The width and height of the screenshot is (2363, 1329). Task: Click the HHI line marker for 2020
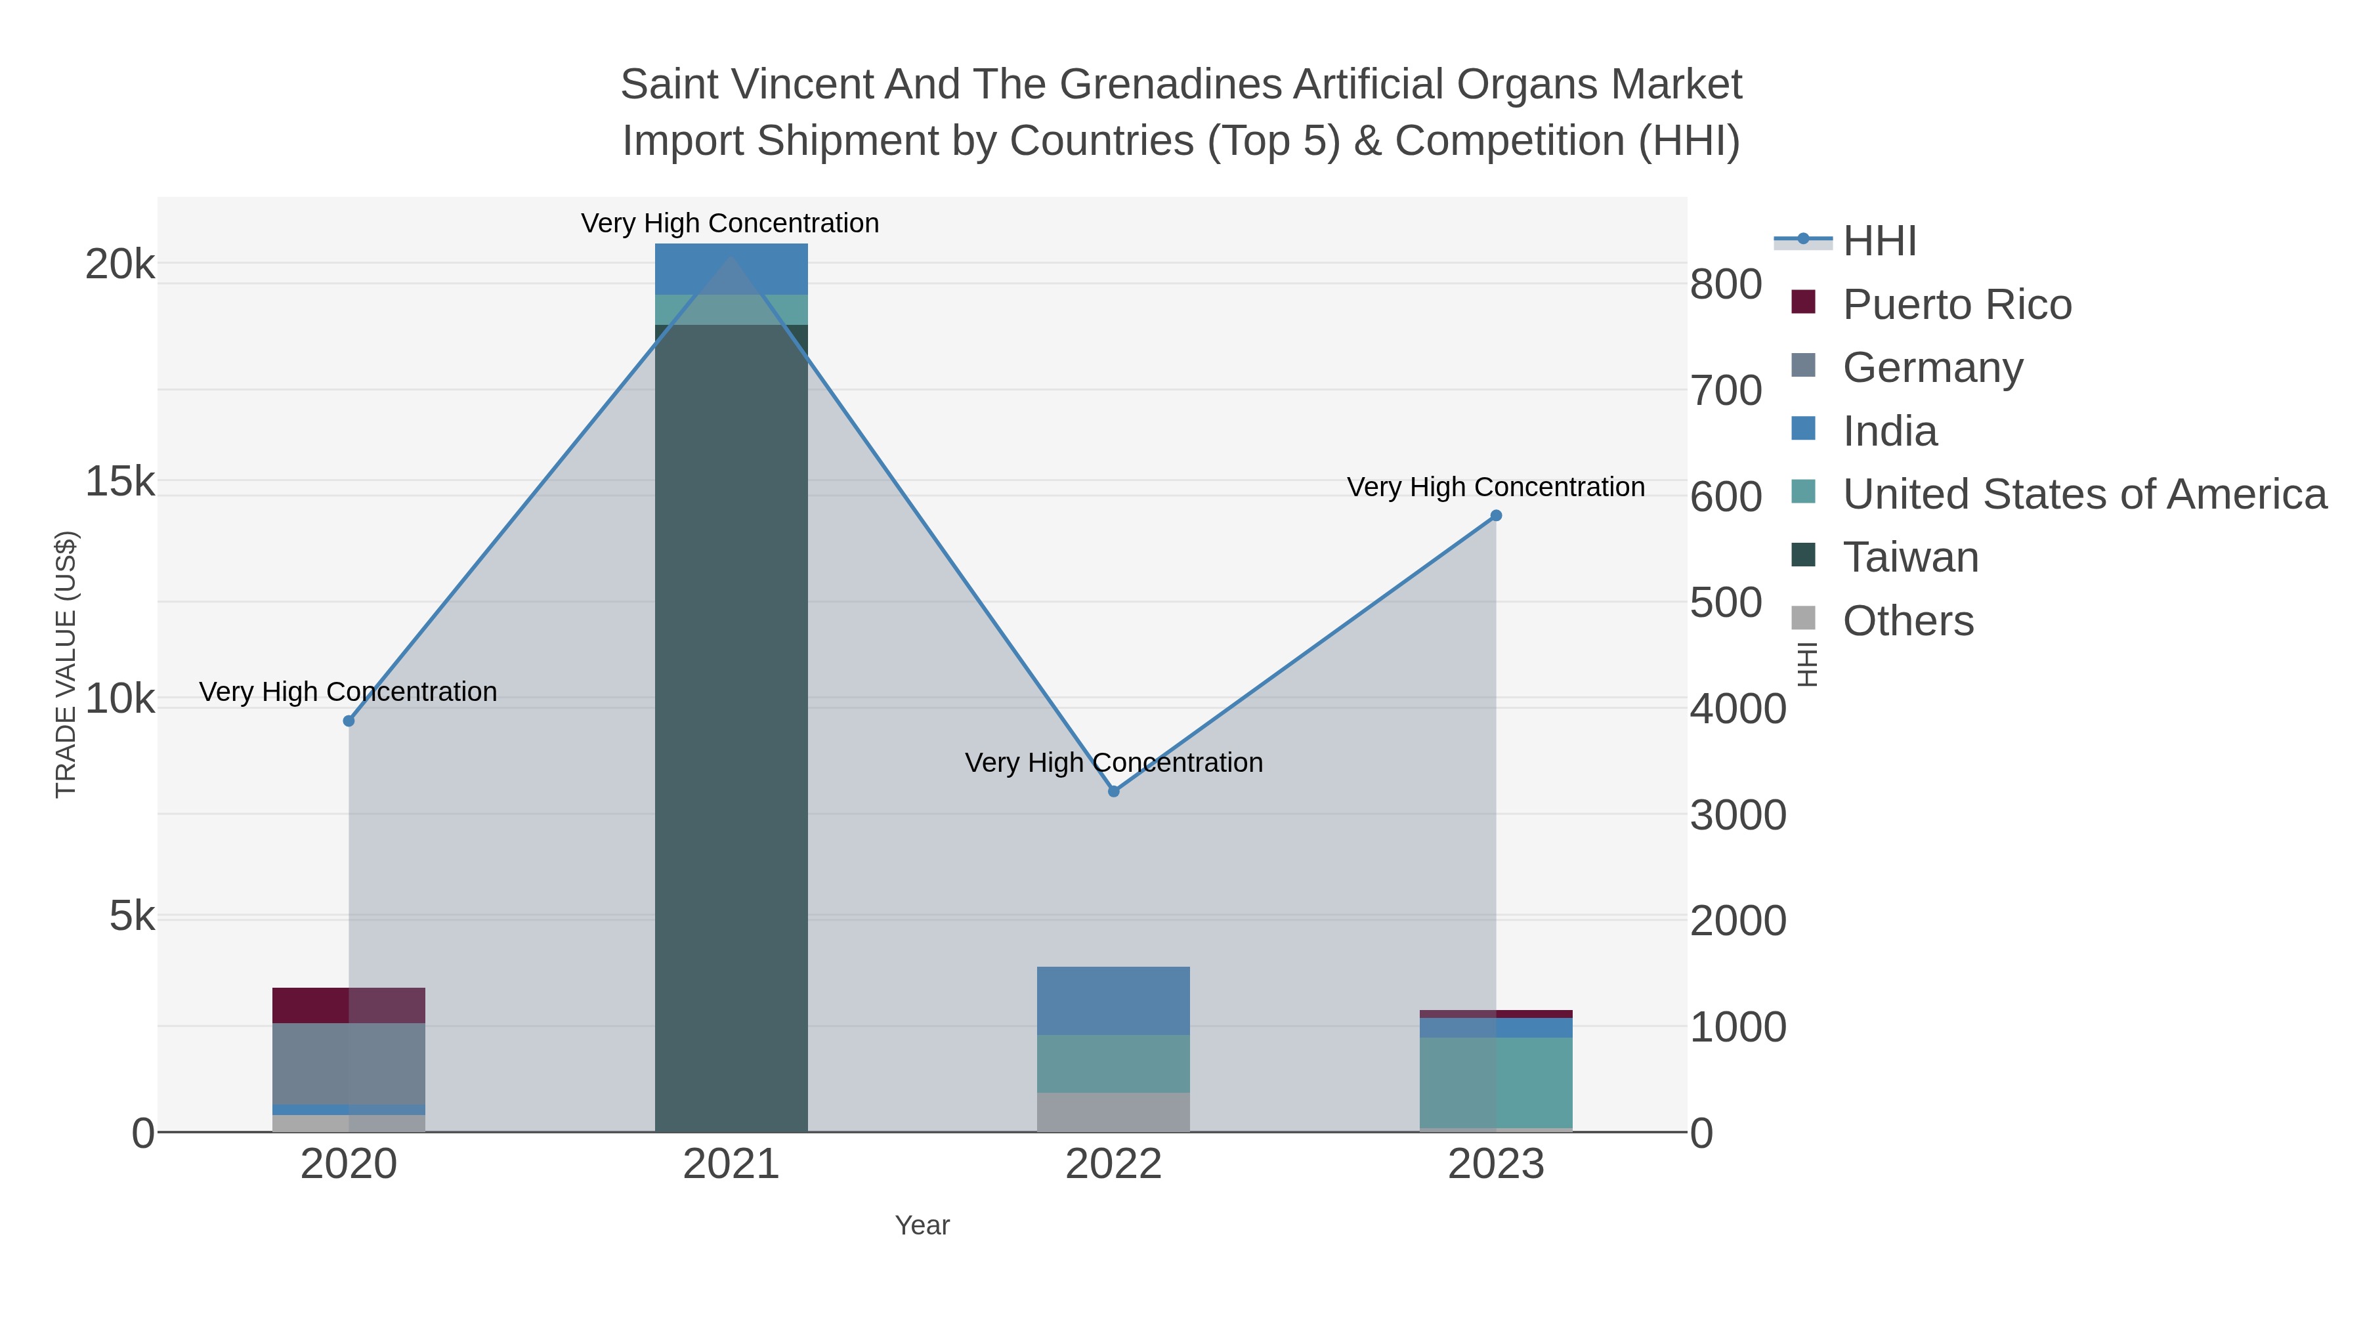(349, 721)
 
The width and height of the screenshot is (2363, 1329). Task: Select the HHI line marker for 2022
(1114, 791)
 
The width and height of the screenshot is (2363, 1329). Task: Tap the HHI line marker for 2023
(1496, 515)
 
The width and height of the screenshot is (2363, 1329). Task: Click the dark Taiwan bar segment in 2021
(731, 734)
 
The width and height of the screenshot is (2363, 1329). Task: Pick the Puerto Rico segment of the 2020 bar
(349, 1005)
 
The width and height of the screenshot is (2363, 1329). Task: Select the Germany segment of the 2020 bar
(349, 1064)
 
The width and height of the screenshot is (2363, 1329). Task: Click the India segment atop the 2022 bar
(1114, 1001)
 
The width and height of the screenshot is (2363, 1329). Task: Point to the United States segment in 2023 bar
(1496, 1082)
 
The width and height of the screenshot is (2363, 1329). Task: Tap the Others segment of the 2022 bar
(1114, 1112)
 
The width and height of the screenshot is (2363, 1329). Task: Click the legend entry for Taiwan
(1911, 558)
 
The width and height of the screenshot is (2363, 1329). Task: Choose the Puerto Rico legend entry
(1957, 305)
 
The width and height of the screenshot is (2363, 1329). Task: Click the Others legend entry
(1908, 621)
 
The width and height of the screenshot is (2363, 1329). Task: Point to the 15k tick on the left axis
(119, 482)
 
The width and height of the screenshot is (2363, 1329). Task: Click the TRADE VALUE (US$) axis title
(66, 664)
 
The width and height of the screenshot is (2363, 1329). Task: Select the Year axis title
(922, 1225)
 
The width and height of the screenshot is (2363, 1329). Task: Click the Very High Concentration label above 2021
(730, 223)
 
